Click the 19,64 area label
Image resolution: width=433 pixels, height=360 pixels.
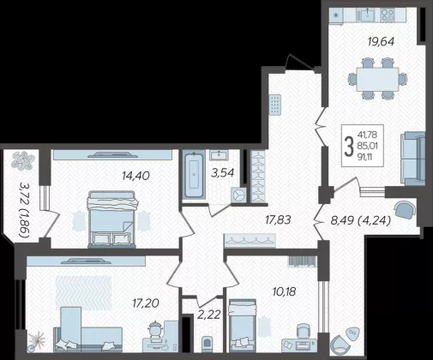[x=381, y=42]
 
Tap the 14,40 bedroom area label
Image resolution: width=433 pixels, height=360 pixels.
[x=135, y=176]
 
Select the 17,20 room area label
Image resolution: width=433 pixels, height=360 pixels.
[x=146, y=303]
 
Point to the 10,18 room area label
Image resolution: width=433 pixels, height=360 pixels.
[x=284, y=292]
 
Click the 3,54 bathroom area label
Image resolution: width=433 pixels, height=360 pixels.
[x=223, y=173]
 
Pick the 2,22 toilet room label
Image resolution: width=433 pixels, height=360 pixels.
[x=209, y=315]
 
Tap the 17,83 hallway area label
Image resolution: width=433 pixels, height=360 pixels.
[x=278, y=220]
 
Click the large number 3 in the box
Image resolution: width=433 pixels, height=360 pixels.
[x=349, y=146]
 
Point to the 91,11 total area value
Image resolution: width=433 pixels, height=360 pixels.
[x=367, y=157]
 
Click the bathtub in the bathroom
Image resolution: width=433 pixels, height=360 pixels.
[x=195, y=175]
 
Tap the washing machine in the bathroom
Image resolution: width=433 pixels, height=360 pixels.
[x=238, y=195]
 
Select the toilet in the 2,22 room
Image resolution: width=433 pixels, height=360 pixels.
[x=207, y=345]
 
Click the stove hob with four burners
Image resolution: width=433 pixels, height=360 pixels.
[x=388, y=15]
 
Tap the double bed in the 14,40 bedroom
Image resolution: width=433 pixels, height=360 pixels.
[x=111, y=219]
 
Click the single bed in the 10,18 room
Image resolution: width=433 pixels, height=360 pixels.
[x=243, y=325]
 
